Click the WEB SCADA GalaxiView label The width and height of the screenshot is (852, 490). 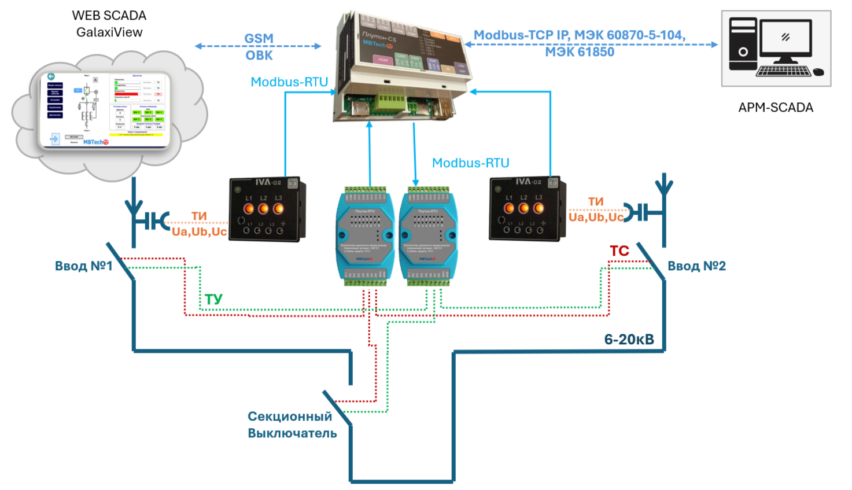point(109,24)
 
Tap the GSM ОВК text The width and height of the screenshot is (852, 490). point(259,47)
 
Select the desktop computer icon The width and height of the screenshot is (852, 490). point(776,48)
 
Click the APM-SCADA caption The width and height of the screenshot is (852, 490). point(776,107)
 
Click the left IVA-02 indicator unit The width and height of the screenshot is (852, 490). point(267,209)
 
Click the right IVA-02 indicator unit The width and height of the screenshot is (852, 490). point(527,208)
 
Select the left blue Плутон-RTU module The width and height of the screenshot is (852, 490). point(365,236)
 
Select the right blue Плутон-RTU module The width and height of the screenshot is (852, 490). point(428,236)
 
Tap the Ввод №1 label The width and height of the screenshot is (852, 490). point(83,266)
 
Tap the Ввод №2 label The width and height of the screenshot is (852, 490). point(696,266)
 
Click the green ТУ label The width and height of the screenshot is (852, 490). point(213,299)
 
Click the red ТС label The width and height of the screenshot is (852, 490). point(619,251)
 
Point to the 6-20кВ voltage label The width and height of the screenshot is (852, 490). point(629,340)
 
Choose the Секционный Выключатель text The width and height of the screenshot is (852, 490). point(292,425)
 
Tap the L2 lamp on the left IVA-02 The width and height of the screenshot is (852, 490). point(263,208)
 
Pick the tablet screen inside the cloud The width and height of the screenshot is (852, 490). point(105,109)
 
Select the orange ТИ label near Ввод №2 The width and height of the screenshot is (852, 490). point(596,201)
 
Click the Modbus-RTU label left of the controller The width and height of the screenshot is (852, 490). point(289,82)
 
